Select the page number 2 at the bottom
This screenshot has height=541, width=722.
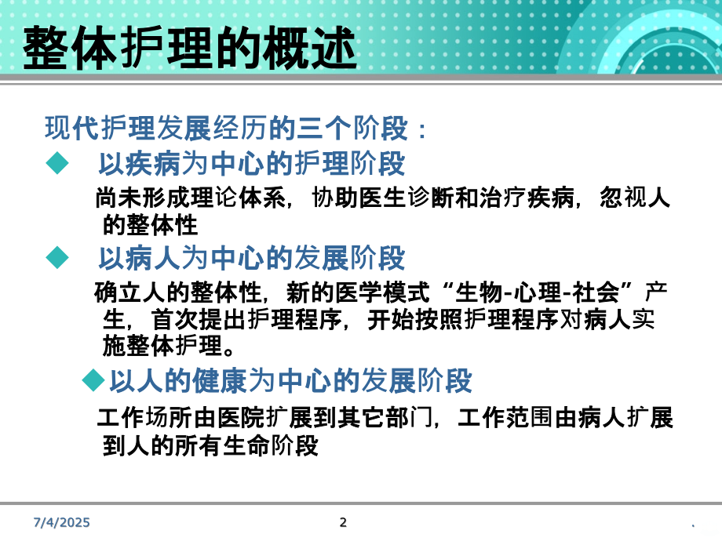pyautogui.click(x=342, y=523)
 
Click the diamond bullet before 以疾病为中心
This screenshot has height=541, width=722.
pyautogui.click(x=56, y=163)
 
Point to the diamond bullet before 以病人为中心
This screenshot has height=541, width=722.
pyautogui.click(x=56, y=256)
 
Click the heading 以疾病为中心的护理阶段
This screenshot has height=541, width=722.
pyautogui.click(x=251, y=164)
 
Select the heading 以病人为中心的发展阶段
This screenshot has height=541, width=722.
pyautogui.click(x=251, y=257)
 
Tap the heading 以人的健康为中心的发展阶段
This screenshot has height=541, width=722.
pyautogui.click(x=290, y=381)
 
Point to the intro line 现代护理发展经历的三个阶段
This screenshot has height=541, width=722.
pyautogui.click(x=235, y=127)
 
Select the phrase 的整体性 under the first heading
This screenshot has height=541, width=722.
pyautogui.click(x=150, y=226)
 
